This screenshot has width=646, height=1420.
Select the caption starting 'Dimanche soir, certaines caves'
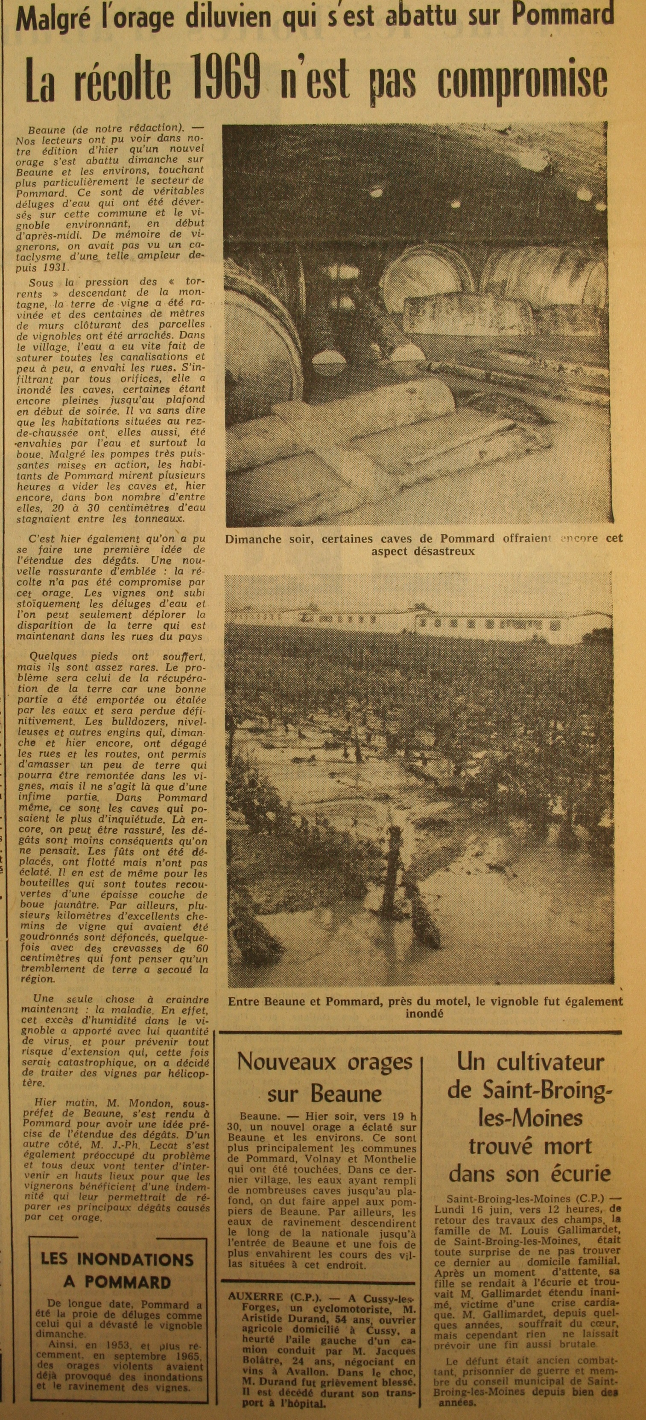424,545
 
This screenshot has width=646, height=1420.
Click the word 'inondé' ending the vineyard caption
424,1025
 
